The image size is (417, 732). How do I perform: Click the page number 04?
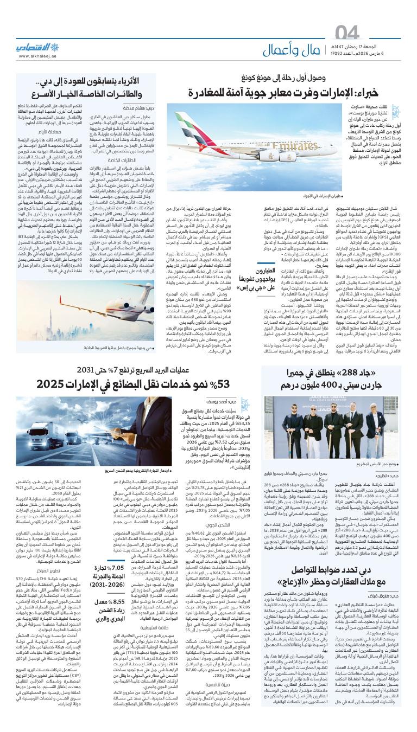[x=383, y=33]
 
